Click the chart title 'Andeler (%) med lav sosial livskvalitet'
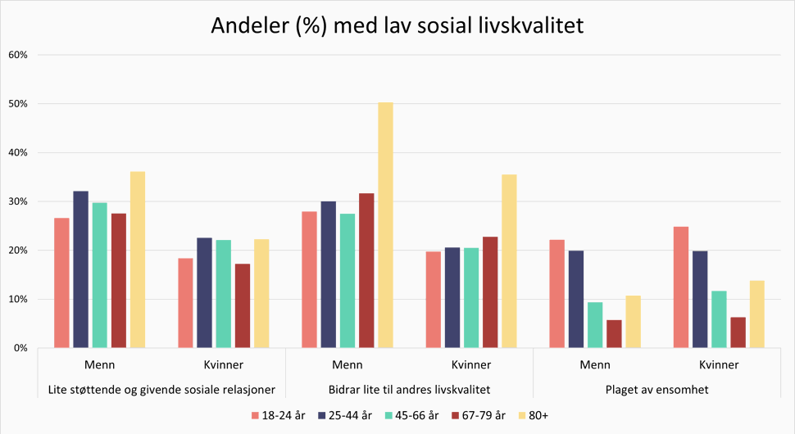point(397,25)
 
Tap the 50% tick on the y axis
point(18,104)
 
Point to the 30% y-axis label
point(18,201)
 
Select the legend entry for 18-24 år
point(279,416)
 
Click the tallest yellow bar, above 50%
point(386,225)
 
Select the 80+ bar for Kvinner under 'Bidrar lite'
point(509,261)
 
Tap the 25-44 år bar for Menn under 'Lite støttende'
point(80,269)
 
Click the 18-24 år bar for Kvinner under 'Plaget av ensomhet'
point(680,287)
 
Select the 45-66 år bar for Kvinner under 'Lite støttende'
point(224,294)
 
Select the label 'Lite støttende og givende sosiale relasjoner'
point(161,390)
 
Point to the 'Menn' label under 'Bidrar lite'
point(348,364)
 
